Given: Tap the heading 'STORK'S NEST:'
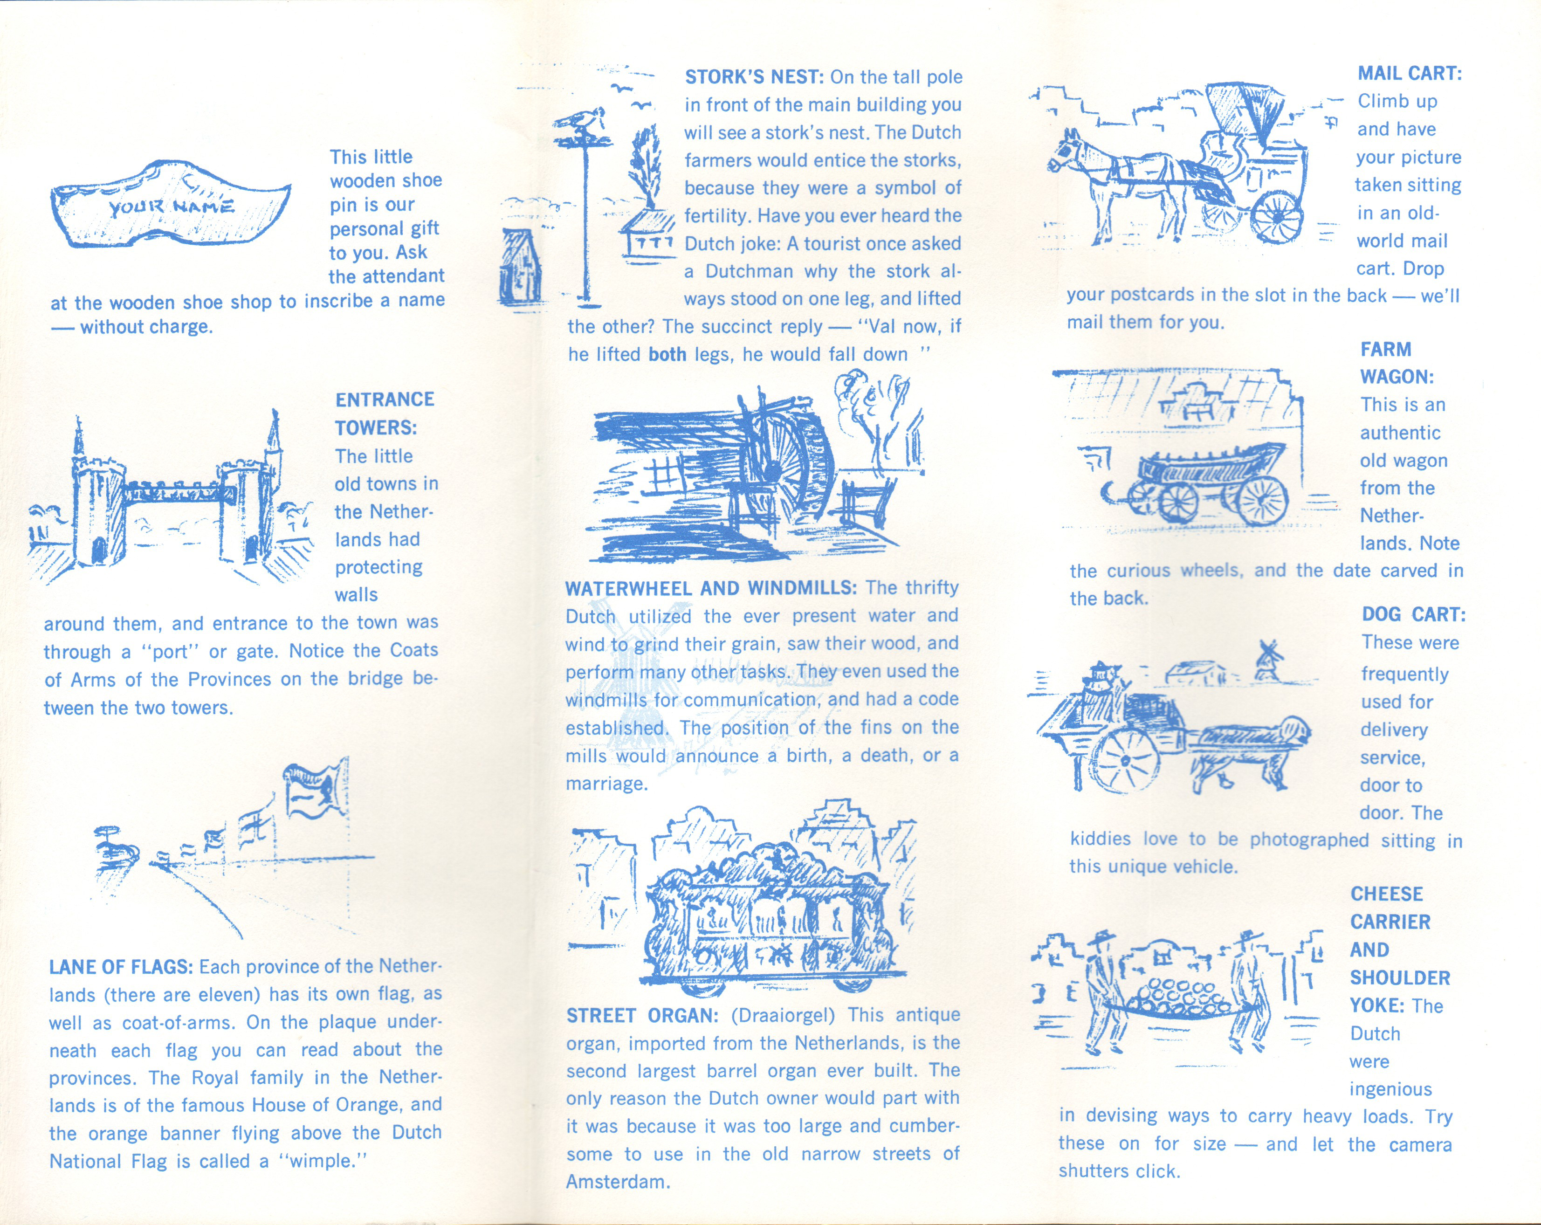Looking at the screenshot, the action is point(755,77).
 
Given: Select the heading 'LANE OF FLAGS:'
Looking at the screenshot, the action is point(121,967).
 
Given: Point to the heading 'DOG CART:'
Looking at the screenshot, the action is point(1413,615).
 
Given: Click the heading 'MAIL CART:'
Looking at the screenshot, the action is point(1410,74).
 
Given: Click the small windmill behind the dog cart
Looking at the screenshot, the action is point(1266,659).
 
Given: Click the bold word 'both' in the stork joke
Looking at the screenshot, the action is point(667,354).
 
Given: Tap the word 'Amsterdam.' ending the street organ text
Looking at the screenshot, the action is point(618,1182).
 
